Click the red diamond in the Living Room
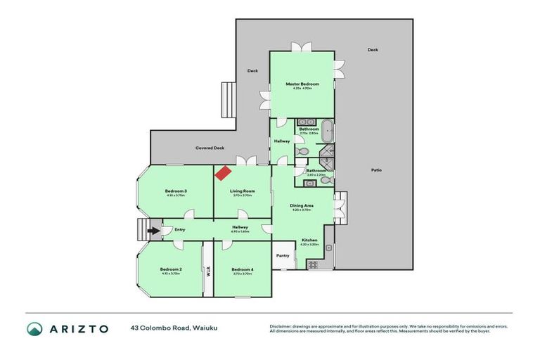coord(224,172)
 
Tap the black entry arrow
coord(153,229)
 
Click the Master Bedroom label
coord(302,84)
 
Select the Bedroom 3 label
coord(175,191)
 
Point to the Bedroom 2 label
coord(170,269)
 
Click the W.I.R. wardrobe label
coord(208,270)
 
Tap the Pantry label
coord(283,255)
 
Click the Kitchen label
coord(309,240)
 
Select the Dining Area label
coord(302,206)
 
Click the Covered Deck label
coord(210,148)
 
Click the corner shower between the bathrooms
coord(326,154)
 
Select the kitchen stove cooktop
coord(311,265)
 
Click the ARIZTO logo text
coord(78,328)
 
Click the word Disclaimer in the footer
coord(281,326)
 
